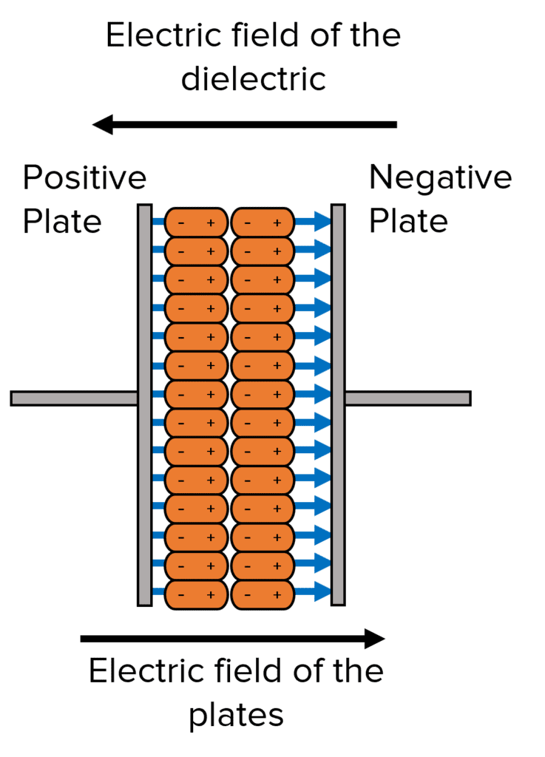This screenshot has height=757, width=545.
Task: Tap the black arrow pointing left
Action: click(x=244, y=124)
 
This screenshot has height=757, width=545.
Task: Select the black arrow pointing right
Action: click(x=233, y=638)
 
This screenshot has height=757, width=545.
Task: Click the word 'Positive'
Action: click(x=84, y=179)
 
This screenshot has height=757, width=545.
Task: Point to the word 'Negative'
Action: click(x=440, y=178)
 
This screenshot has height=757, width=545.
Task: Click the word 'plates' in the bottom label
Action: click(x=236, y=715)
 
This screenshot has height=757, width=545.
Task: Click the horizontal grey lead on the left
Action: click(x=74, y=398)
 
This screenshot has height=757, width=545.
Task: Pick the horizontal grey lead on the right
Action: click(x=407, y=398)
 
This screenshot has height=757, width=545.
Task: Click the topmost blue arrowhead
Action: click(x=319, y=221)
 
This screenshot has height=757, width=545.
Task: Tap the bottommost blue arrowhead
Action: click(x=319, y=591)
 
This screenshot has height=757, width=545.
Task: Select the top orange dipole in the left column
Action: click(x=195, y=222)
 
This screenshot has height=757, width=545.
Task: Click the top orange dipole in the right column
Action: click(x=263, y=222)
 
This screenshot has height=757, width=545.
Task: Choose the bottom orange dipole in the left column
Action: click(x=195, y=594)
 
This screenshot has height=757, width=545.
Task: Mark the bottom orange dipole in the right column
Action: click(x=263, y=594)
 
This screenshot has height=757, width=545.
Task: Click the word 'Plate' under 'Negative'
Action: click(x=408, y=221)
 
